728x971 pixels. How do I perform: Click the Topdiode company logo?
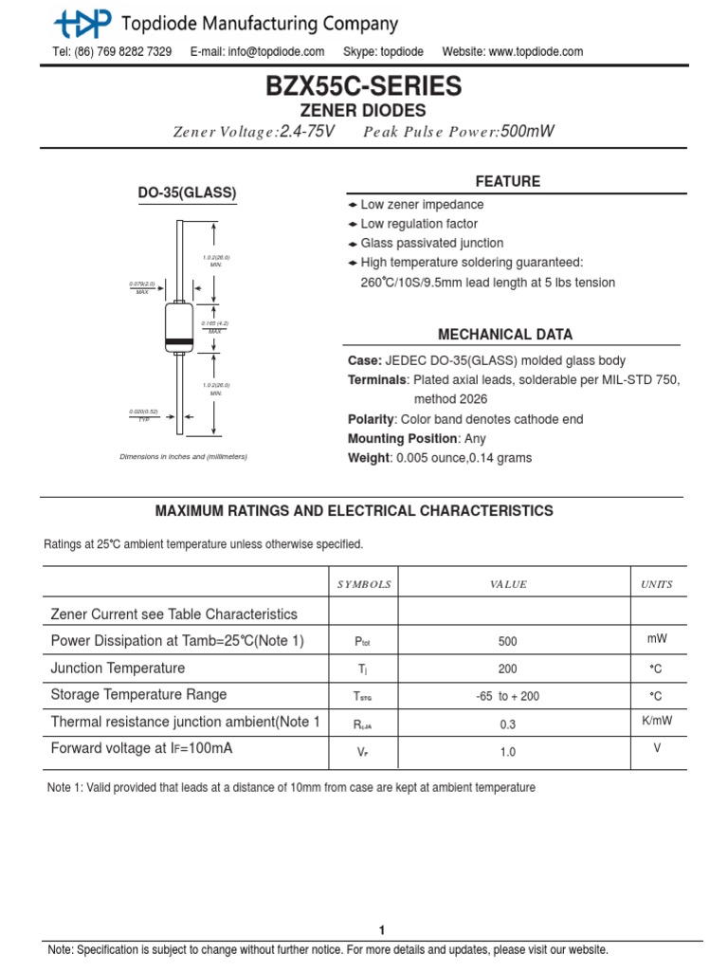point(82,22)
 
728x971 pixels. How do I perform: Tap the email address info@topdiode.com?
point(257,51)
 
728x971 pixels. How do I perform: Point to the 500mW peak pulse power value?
point(526,132)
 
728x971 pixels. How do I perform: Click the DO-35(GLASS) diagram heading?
point(187,192)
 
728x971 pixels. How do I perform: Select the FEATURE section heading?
point(508,181)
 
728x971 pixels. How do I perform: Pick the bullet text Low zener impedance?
point(421,205)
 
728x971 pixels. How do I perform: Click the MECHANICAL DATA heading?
point(504,335)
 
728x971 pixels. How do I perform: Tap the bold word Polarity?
point(371,419)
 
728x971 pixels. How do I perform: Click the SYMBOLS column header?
point(364,584)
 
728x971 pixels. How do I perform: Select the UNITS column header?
point(657,584)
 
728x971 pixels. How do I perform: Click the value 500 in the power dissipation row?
point(507,641)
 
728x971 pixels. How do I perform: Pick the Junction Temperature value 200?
point(507,669)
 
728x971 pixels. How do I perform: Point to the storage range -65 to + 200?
point(507,696)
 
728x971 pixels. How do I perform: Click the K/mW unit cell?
point(657,720)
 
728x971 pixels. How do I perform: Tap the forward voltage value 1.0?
point(507,752)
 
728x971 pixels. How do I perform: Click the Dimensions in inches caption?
point(183,457)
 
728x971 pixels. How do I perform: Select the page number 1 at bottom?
point(382,930)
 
